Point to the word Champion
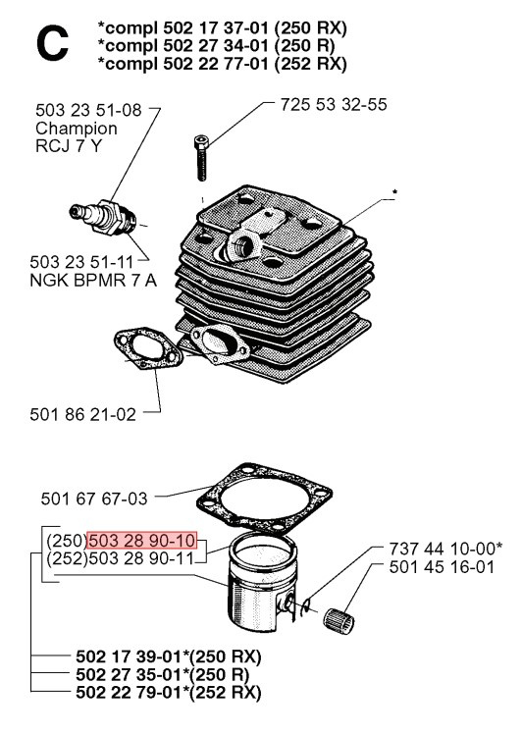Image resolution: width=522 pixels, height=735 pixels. tap(76, 129)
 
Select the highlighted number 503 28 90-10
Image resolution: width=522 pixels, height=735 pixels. tap(143, 541)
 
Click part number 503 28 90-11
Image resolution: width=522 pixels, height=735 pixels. tap(143, 558)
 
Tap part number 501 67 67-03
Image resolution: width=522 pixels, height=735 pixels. tap(95, 499)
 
